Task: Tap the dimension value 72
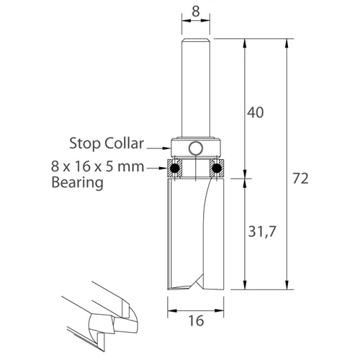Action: (302, 179)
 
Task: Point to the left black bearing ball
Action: (174, 169)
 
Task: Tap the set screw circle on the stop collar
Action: (196, 148)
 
